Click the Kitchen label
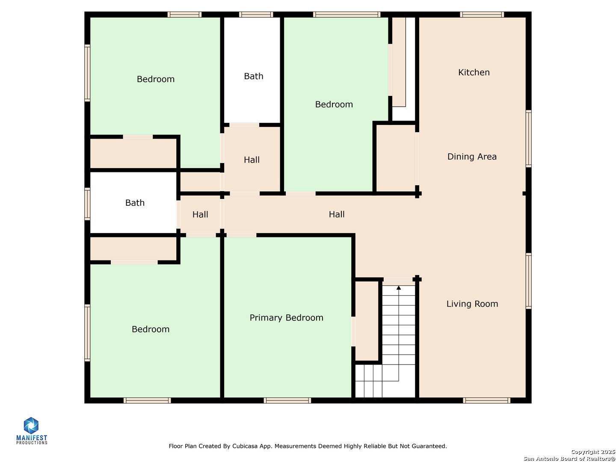[x=474, y=72]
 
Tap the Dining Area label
[x=471, y=157]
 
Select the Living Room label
[x=472, y=304]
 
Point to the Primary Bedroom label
[x=286, y=317]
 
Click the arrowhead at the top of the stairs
[x=398, y=287]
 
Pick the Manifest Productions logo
[x=31, y=431]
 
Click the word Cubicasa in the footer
[x=243, y=446]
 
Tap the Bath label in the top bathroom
[x=253, y=76]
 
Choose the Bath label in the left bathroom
[x=135, y=203]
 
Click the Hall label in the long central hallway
[x=336, y=214]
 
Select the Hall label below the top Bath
[x=252, y=160]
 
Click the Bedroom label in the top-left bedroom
[x=155, y=79]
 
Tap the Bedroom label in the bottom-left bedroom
[x=151, y=329]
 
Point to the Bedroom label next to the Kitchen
[x=334, y=104]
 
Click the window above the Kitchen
[x=482, y=15]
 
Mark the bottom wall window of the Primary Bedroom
[x=287, y=400]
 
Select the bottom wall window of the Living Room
[x=486, y=400]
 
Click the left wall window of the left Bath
[x=87, y=204]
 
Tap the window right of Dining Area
[x=528, y=139]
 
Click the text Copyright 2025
[x=593, y=452]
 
